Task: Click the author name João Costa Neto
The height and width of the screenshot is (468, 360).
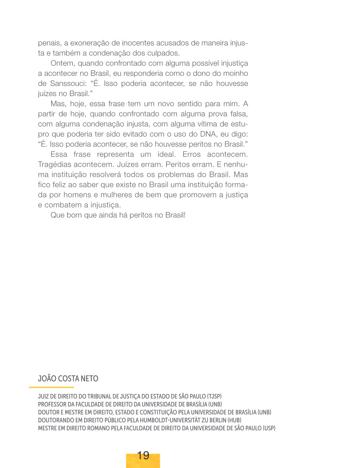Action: tap(68, 378)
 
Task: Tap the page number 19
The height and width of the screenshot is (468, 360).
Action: tap(143, 456)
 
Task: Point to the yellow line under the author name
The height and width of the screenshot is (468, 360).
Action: tap(52, 387)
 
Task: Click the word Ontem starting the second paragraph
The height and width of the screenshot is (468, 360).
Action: tap(61, 63)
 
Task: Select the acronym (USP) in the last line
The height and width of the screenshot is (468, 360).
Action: tap(269, 428)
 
